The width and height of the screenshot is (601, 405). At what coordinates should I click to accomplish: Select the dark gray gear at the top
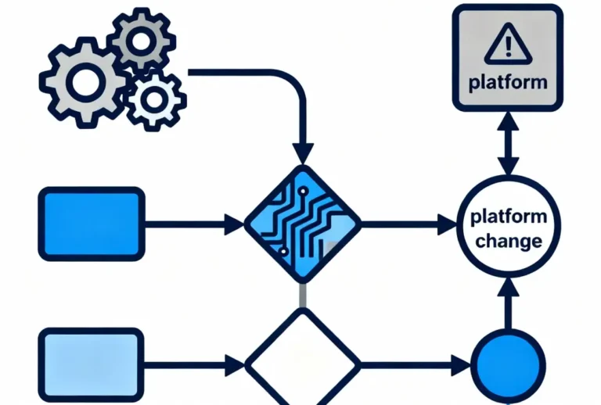(x=140, y=38)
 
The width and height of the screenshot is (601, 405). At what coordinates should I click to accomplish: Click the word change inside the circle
(x=508, y=241)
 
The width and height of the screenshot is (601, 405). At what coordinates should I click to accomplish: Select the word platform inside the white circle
(x=508, y=219)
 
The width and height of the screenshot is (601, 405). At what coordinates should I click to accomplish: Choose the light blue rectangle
(x=92, y=364)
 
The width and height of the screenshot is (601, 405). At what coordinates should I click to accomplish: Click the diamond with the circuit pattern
(x=302, y=224)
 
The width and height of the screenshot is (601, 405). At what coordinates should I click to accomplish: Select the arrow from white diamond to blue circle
(x=415, y=364)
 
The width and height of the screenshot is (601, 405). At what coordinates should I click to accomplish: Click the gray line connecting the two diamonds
(x=302, y=296)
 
